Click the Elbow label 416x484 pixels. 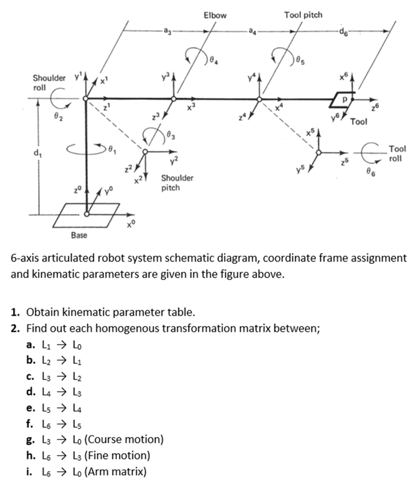(215, 14)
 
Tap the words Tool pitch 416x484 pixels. (303, 14)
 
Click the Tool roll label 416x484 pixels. (398, 153)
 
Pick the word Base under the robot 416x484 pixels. (79, 235)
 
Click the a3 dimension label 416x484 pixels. (167, 31)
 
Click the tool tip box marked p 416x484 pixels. (344, 98)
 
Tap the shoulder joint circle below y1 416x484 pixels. (86, 99)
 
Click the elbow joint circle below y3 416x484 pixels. (173, 99)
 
